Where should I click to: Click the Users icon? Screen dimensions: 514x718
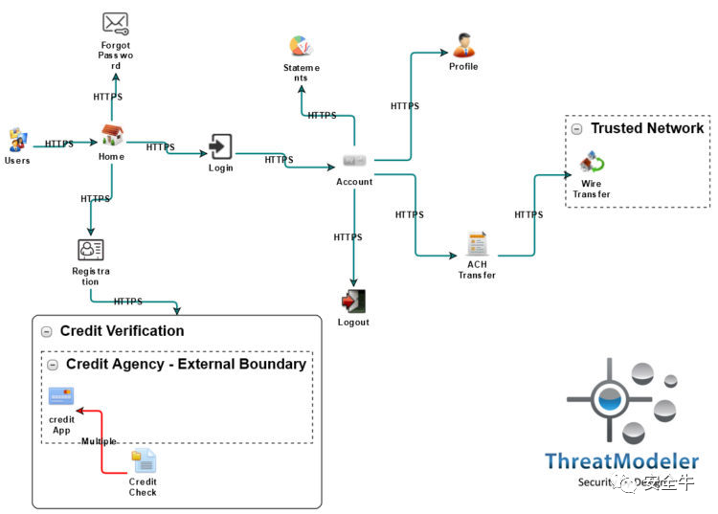16,140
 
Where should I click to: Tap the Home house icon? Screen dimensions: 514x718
112,136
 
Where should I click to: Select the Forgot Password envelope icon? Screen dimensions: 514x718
115,23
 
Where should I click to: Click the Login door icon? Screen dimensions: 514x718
220,146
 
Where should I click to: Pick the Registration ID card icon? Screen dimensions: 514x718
90,249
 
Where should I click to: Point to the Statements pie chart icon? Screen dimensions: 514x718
302,46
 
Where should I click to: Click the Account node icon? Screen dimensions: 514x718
354,160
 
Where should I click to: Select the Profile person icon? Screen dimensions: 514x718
463,45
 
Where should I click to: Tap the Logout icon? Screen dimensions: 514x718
353,301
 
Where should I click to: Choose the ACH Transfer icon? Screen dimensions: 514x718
477,243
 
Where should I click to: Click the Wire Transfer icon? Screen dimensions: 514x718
592,162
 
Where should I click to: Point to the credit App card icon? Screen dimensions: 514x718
61,396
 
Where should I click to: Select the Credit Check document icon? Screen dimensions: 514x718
143,461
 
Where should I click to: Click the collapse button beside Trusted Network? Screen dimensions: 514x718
576,128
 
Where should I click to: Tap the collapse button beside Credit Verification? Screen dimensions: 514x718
46,331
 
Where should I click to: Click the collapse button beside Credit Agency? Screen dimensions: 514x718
53,365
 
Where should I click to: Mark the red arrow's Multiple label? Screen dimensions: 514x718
99,441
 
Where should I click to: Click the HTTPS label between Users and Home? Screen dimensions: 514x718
59,144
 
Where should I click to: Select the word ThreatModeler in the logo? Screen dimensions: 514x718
621,461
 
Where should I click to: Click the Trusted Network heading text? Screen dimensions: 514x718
646,128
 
